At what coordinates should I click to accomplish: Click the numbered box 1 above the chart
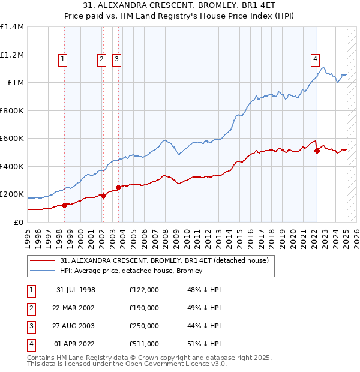[x=63, y=59]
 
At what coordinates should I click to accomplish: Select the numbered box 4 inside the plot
[x=315, y=59]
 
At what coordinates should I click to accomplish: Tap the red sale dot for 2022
[x=317, y=151]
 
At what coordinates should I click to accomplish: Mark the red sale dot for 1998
[x=65, y=205]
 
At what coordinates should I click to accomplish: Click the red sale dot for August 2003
[x=119, y=187]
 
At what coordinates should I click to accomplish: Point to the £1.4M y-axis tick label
[x=12, y=27]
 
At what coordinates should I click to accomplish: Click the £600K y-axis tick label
[x=12, y=139]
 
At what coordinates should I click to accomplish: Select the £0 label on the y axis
[x=19, y=222]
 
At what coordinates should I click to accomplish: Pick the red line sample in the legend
[x=43, y=260]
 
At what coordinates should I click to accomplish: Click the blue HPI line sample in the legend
[x=43, y=271]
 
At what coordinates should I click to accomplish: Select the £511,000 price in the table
[x=144, y=344]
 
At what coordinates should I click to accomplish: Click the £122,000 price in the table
[x=144, y=290]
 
